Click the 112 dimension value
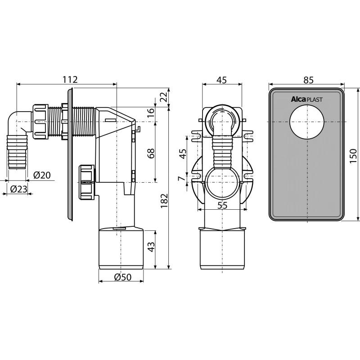[x=70, y=79]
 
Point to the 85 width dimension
[x=308, y=80]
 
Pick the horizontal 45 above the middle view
[x=221, y=80]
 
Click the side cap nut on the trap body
[x=86, y=182]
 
